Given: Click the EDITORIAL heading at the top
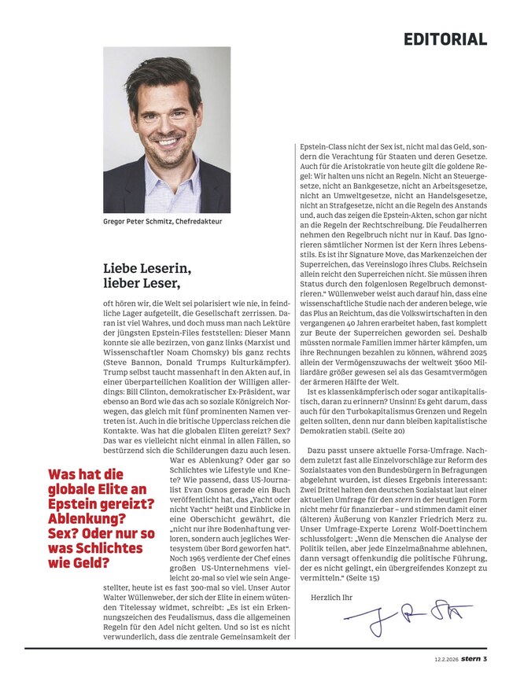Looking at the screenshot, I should pos(445,39).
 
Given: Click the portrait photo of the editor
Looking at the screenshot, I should pos(167,130).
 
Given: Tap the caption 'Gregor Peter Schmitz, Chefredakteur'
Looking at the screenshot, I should pos(163,222).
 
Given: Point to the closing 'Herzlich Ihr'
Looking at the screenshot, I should pos(333,598).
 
